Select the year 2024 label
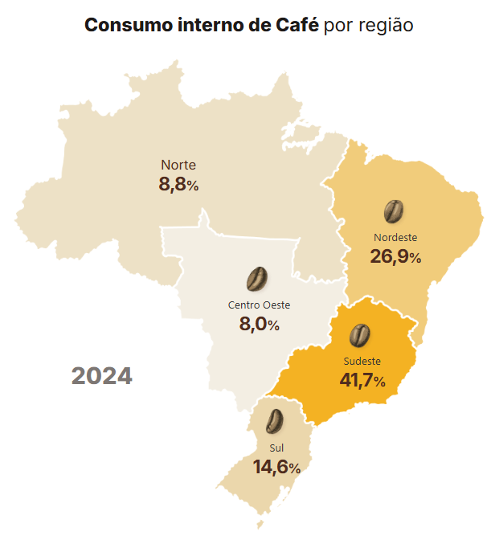click(x=101, y=375)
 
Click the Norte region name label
click(x=178, y=165)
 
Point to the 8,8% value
click(x=178, y=185)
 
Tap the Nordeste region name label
click(x=395, y=237)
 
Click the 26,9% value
click(x=395, y=257)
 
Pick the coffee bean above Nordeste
click(x=393, y=211)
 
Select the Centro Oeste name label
click(x=259, y=305)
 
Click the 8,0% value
click(x=259, y=325)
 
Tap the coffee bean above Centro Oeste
click(x=257, y=279)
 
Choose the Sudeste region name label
click(x=362, y=360)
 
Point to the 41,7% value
click(x=362, y=380)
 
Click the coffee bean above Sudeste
click(x=360, y=334)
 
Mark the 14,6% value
click(x=276, y=467)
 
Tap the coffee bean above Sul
click(x=275, y=421)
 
